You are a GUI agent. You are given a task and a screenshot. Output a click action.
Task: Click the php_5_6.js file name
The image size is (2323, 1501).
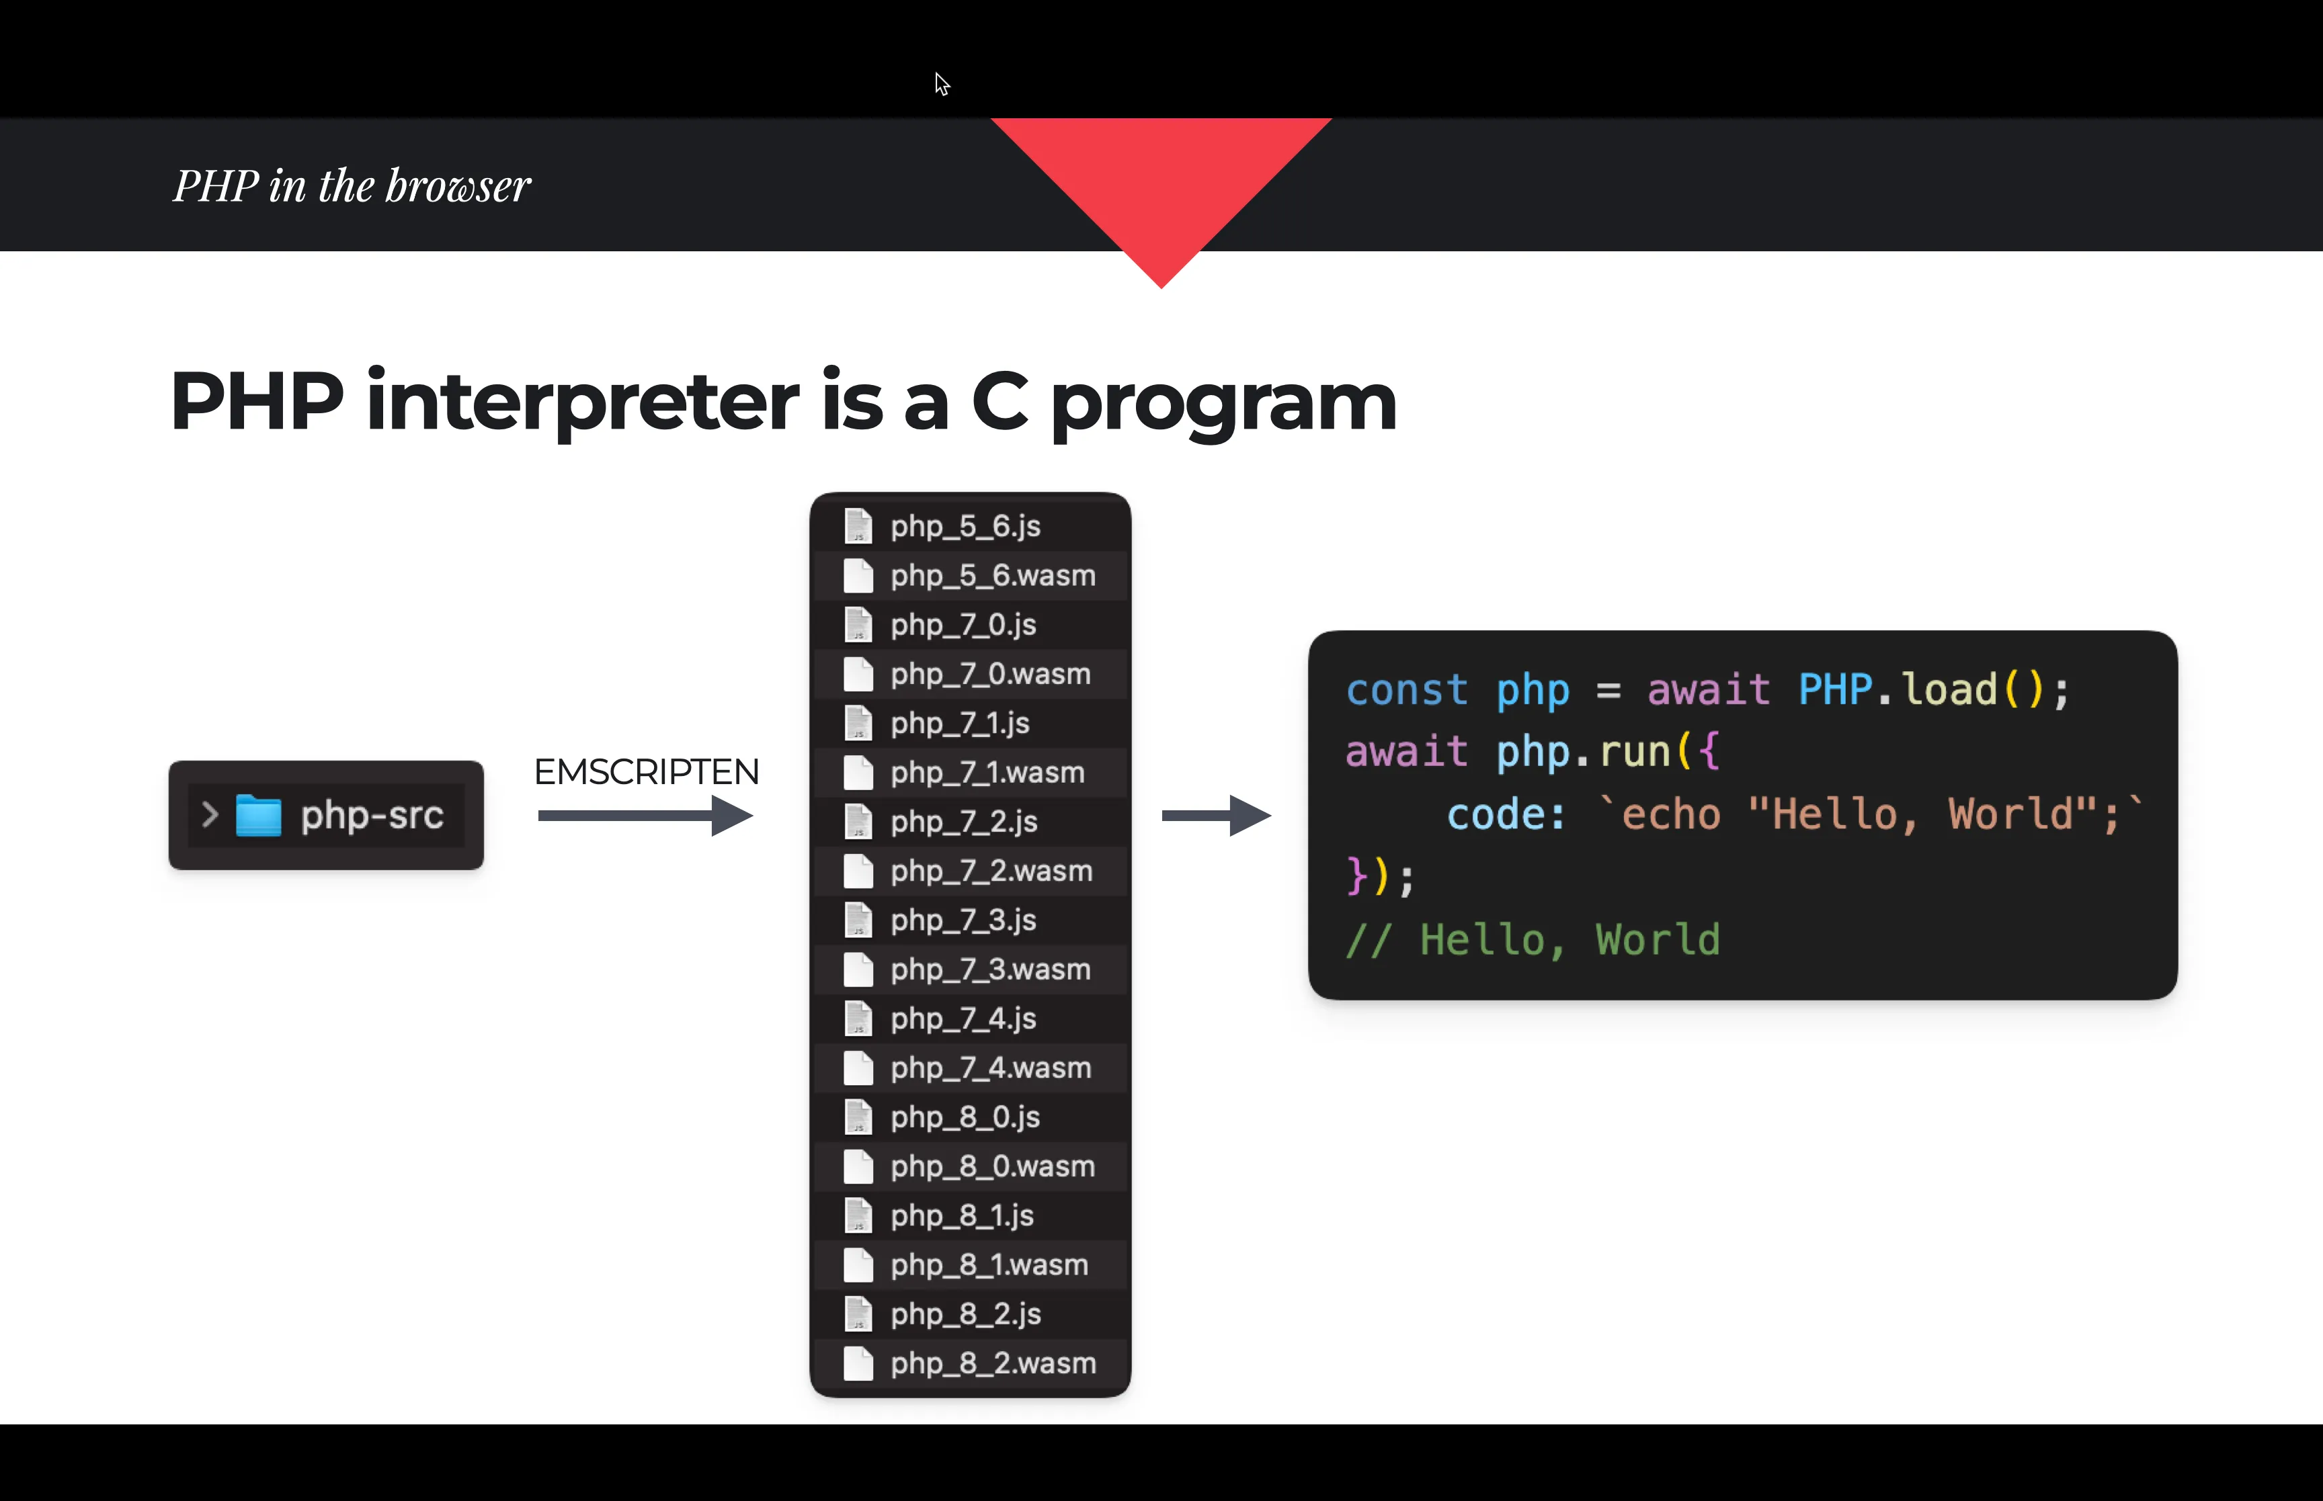click(x=965, y=526)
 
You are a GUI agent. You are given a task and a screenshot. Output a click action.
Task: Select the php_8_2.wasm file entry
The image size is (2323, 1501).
click(x=992, y=1363)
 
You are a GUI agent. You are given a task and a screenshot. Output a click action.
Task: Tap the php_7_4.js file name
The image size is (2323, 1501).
click(x=963, y=1019)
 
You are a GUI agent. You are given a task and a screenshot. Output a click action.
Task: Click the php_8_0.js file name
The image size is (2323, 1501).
click(x=965, y=1117)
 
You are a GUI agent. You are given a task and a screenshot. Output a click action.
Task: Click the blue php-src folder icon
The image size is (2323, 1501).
click(x=258, y=816)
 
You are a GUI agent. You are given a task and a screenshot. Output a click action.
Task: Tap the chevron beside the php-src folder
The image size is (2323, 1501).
click(x=208, y=815)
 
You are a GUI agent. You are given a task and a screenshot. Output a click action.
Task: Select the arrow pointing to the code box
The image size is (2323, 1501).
click(x=1215, y=816)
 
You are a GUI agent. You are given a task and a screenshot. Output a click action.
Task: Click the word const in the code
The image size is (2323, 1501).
click(x=1405, y=690)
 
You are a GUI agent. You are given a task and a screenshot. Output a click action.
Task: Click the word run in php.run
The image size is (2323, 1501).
click(x=1635, y=751)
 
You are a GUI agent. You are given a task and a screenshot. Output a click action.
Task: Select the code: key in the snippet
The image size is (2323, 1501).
click(x=1506, y=814)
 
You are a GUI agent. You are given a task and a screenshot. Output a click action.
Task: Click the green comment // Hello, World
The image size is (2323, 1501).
click(x=1533, y=939)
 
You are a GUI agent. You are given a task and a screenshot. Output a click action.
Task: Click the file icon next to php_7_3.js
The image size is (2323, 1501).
click(x=858, y=920)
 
